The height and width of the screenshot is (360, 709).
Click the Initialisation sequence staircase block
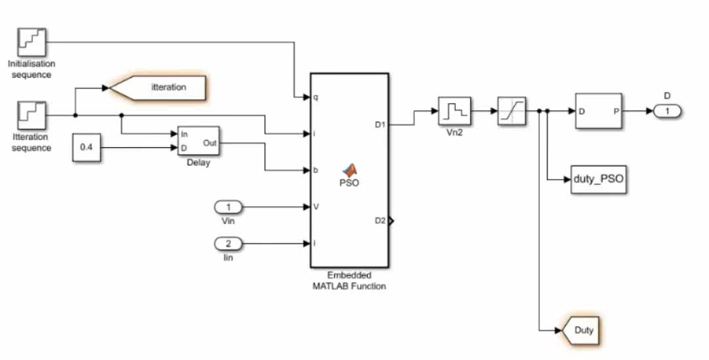click(32, 42)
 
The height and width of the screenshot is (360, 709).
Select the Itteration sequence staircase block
click(32, 116)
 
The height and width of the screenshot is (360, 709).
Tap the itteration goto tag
click(158, 88)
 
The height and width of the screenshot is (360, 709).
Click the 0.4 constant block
click(87, 147)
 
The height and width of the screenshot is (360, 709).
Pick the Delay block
click(198, 141)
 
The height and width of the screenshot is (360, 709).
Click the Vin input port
click(228, 207)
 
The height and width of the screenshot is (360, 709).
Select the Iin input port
click(228, 244)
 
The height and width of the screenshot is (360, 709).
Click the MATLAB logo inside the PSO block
click(349, 169)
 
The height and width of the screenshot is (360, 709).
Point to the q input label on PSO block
click(316, 97)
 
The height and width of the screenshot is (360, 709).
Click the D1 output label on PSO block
click(380, 124)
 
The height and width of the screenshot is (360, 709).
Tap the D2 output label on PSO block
click(380, 221)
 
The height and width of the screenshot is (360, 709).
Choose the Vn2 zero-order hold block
click(454, 111)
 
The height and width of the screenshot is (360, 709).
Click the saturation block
click(511, 111)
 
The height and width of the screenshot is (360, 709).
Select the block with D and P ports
click(599, 111)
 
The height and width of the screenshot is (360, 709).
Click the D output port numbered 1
click(667, 111)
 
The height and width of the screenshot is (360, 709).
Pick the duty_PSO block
click(599, 179)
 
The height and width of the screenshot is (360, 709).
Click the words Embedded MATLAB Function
click(349, 281)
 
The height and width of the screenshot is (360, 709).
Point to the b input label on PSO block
click(316, 170)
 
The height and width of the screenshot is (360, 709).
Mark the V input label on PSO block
click(316, 207)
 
